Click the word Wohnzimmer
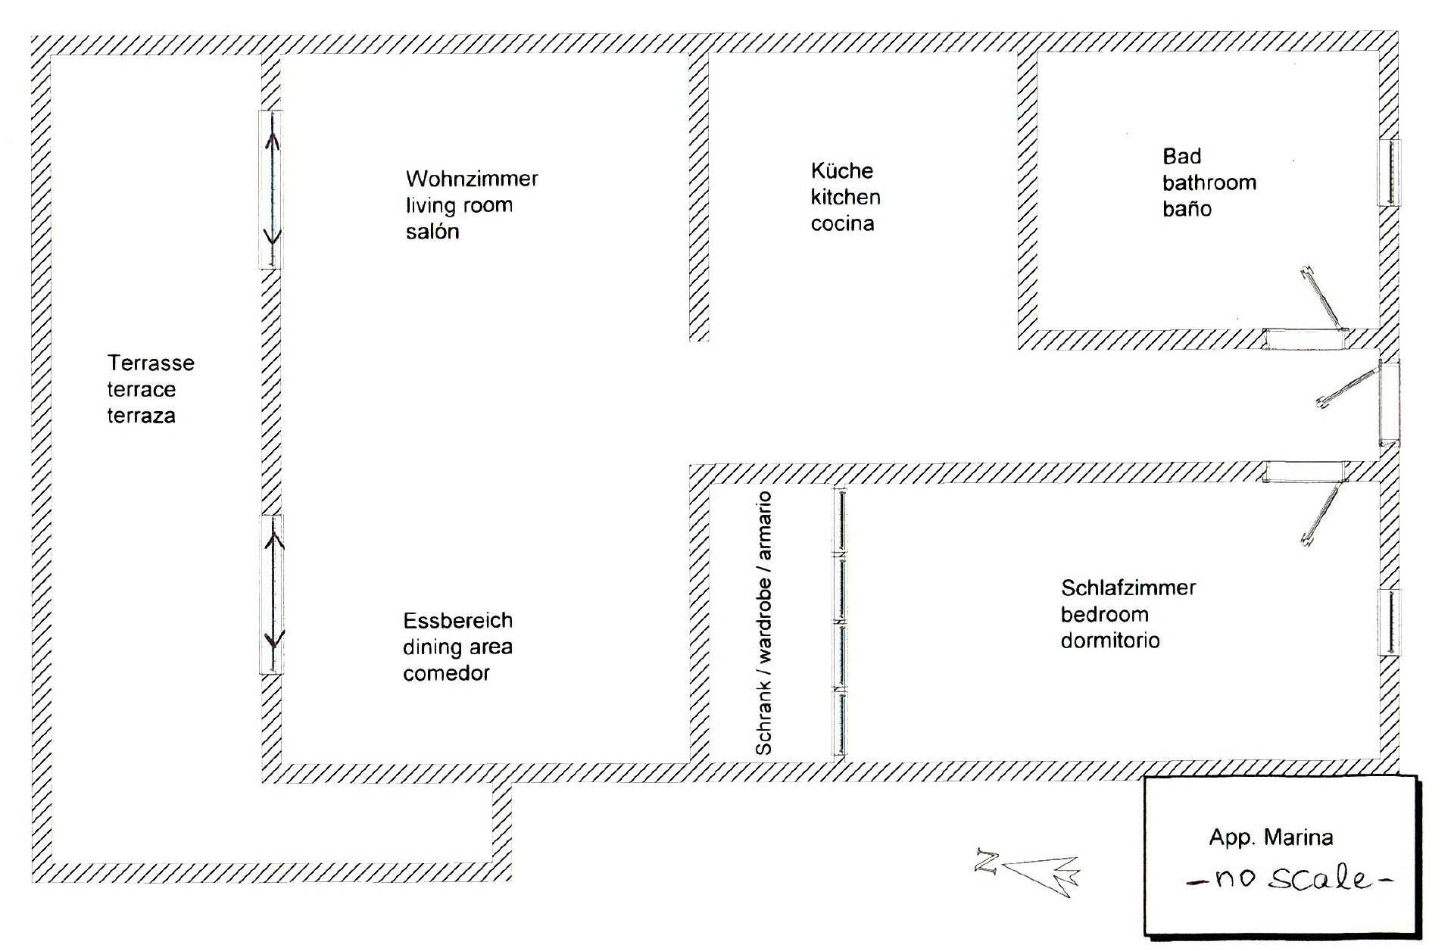pyautogui.click(x=472, y=179)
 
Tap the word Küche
pyautogui.click(x=841, y=171)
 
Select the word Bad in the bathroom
pyautogui.click(x=1181, y=157)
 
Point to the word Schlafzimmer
pyautogui.click(x=1128, y=588)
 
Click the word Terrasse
pyautogui.click(x=151, y=363)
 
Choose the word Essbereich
pyautogui.click(x=457, y=621)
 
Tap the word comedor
pyautogui.click(x=446, y=673)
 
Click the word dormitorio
pyautogui.click(x=1109, y=641)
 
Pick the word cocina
pyautogui.click(x=842, y=224)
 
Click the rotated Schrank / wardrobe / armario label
pyautogui.click(x=764, y=623)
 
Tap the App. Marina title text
pyautogui.click(x=1271, y=837)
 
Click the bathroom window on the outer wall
pyautogui.click(x=1388, y=173)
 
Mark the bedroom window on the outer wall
pyautogui.click(x=1388, y=622)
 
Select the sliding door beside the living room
pyautogui.click(x=271, y=189)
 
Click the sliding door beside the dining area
pyautogui.click(x=272, y=594)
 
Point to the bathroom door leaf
pyautogui.click(x=1321, y=299)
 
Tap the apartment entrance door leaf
pyautogui.click(x=1349, y=388)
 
